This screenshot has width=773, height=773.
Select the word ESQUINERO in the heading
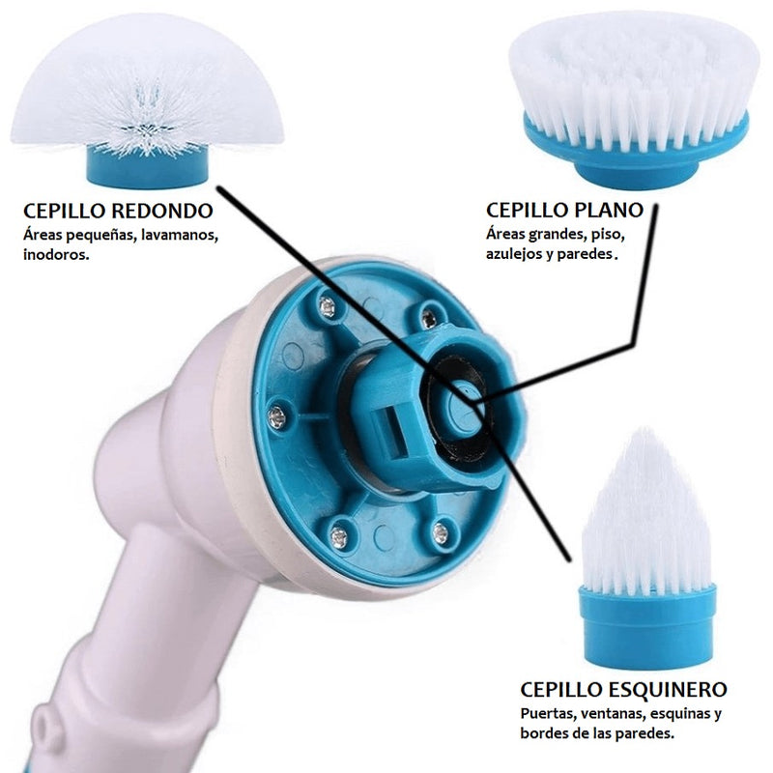pyautogui.click(x=668, y=689)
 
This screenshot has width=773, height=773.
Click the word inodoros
pyautogui.click(x=56, y=254)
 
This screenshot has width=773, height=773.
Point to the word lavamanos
pyautogui.click(x=180, y=235)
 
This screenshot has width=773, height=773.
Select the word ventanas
pyautogui.click(x=613, y=714)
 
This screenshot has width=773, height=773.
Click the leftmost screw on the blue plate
pyautogui.click(x=276, y=417)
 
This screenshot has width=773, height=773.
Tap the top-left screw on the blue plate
pyautogui.click(x=327, y=307)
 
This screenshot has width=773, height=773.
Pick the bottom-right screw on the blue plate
pyautogui.click(x=440, y=533)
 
